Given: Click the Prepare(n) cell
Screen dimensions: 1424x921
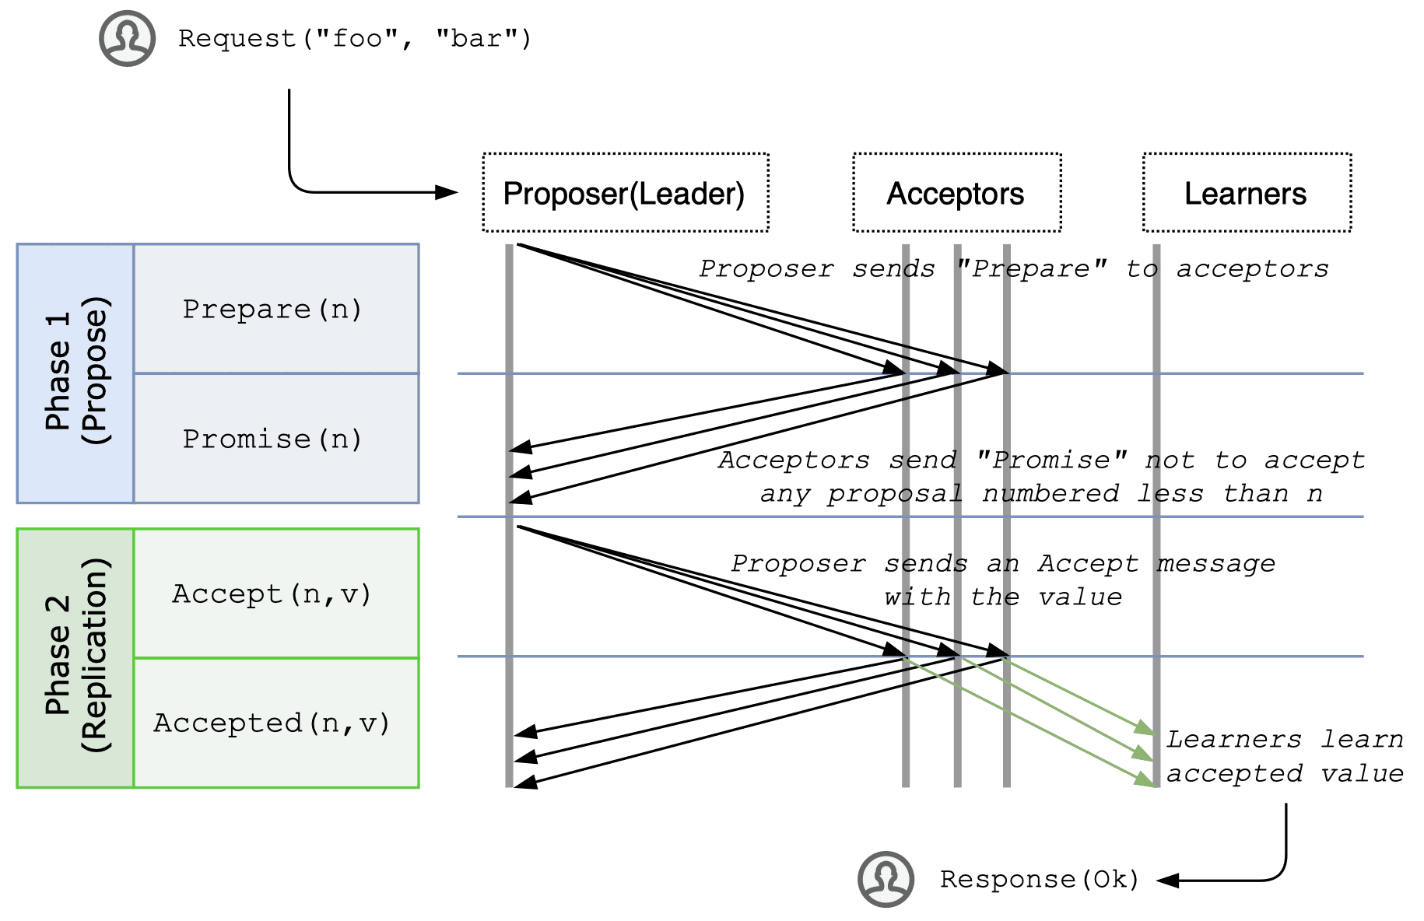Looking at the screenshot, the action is tap(276, 309).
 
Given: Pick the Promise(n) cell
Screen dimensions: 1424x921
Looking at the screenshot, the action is tap(276, 438).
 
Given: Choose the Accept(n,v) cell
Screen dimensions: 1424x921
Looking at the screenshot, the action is tap(276, 594).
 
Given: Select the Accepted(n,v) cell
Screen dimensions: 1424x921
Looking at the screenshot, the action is tap(276, 723).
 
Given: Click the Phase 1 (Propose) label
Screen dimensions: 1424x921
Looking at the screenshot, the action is tap(76, 372).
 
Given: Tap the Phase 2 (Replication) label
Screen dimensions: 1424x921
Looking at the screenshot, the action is tap(76, 656).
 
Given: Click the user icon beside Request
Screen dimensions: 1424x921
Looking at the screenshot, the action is tap(127, 38).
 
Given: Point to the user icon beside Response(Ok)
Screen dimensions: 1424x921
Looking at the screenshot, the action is tap(886, 879).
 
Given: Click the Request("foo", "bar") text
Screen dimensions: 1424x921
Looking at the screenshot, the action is tap(355, 38).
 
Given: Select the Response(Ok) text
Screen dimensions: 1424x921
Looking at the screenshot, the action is tap(1040, 879).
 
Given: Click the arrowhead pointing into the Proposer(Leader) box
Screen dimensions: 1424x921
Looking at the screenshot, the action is tap(447, 192).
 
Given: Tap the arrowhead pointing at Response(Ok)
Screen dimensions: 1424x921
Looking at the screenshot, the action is tap(1168, 881).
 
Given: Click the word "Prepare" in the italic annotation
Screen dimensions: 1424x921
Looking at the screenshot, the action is tap(1031, 268).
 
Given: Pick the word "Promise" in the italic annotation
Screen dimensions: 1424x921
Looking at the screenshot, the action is tap(1051, 460).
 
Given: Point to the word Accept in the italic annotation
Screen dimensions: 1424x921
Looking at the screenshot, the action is tap(1088, 563).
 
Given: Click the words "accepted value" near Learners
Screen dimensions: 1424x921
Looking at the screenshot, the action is tap(1285, 773).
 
